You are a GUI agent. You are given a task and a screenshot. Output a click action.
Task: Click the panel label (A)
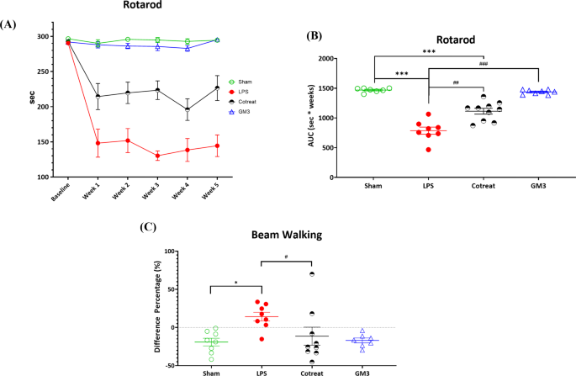point(11,25)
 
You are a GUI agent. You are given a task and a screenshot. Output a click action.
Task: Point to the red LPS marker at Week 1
point(98,143)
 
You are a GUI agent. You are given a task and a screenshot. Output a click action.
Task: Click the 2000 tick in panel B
point(350,59)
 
